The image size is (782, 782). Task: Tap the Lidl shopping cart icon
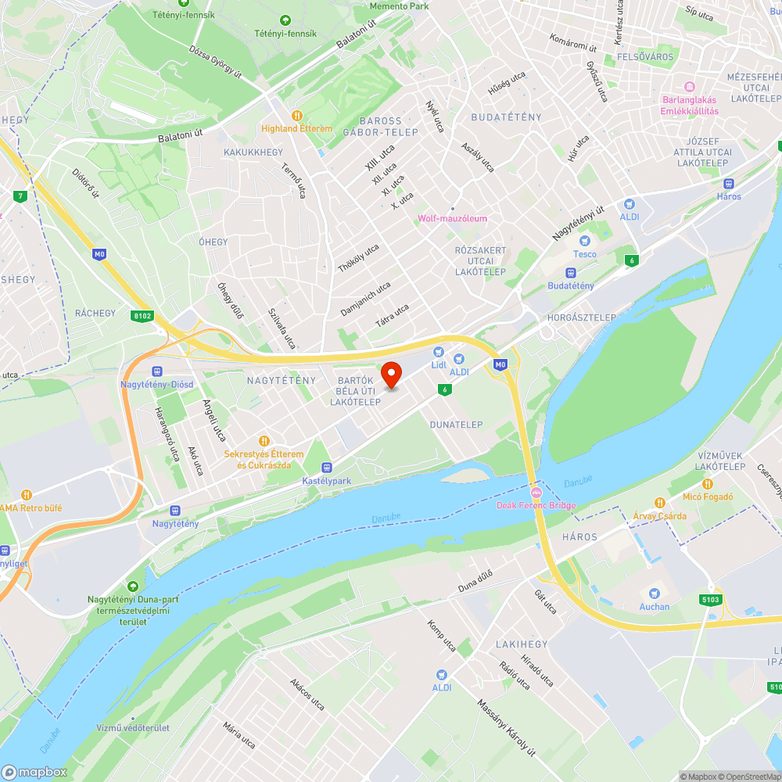pos(439,353)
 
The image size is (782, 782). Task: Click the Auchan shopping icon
pos(654,594)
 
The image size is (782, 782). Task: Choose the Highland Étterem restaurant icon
pos(296,115)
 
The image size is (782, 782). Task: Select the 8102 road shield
pos(142,316)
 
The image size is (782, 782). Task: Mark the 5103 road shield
pos(710,599)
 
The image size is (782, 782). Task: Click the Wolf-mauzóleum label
pos(453,218)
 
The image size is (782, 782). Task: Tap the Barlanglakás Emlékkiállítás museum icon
pos(689,86)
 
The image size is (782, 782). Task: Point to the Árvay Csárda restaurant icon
pos(660,503)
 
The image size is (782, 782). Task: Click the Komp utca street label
pos(441,637)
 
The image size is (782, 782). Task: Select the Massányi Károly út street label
pos(507,727)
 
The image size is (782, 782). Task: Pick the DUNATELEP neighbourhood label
pos(456,425)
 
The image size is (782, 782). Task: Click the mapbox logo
pos(34,772)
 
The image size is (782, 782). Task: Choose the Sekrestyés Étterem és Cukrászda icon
pos(264,441)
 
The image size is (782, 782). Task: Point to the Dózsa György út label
pos(215,60)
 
